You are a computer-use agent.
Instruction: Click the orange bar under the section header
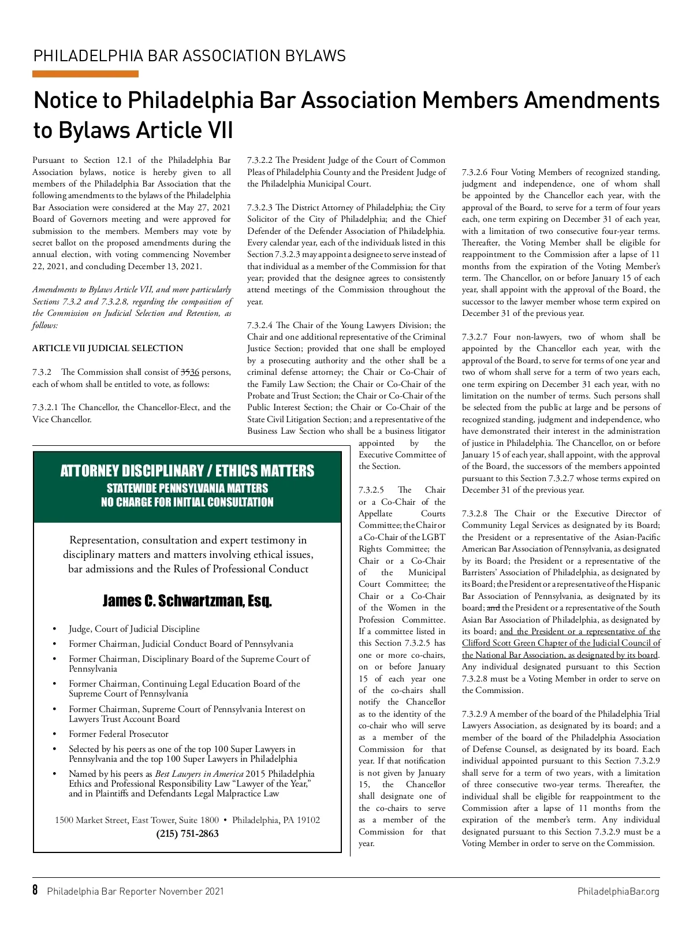(x=85, y=74)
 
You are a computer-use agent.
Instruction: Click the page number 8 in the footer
(x=35, y=890)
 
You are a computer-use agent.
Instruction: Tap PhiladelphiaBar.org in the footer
(x=618, y=891)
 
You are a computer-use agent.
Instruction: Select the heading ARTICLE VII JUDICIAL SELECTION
(x=107, y=348)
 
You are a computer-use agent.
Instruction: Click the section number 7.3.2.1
(x=45, y=408)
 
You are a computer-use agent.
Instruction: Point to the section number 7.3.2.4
(x=260, y=325)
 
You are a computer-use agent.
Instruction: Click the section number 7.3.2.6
(x=475, y=172)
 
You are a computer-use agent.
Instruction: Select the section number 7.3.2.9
(x=475, y=714)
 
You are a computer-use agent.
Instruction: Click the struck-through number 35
(x=185, y=373)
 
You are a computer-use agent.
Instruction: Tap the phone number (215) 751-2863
(x=187, y=833)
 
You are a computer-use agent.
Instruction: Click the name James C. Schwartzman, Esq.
(x=187, y=601)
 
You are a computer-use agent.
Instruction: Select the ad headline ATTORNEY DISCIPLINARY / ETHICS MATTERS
(x=187, y=471)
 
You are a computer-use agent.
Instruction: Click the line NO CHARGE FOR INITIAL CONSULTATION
(x=187, y=502)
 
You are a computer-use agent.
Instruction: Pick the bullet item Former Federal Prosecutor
(x=118, y=734)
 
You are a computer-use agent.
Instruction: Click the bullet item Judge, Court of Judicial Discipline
(x=134, y=629)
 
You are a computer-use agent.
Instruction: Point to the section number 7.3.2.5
(x=371, y=490)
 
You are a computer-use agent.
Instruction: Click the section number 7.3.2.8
(x=475, y=513)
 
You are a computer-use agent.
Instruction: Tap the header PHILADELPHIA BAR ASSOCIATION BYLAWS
(x=189, y=56)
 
